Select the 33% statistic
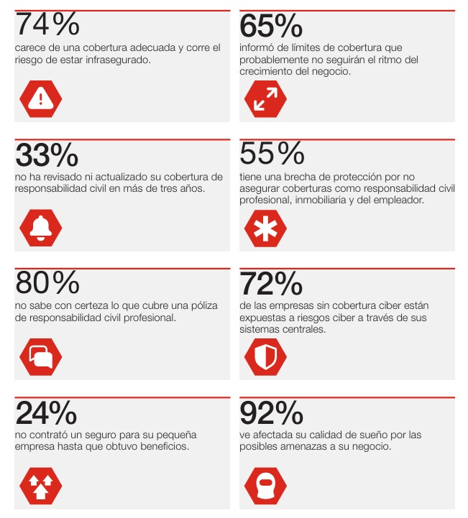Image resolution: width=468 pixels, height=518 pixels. tap(47, 154)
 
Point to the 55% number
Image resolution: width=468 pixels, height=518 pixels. tap(272, 154)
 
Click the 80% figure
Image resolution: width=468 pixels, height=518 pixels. tap(47, 283)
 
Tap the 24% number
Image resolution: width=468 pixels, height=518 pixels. tap(46, 413)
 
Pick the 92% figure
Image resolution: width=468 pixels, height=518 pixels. tap(271, 413)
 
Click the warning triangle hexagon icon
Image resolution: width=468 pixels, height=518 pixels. tap(41, 98)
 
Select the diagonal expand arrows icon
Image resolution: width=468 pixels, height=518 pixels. tap(265, 98)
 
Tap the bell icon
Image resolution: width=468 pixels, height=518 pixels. tap(41, 228)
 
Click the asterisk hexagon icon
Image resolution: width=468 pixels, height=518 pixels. tap(265, 228)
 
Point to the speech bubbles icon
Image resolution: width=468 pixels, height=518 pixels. tap(41, 356)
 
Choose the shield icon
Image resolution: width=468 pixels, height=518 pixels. tap(265, 356)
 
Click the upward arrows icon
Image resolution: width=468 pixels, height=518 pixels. tap(41, 485)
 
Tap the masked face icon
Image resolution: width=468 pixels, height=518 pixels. tap(265, 485)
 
